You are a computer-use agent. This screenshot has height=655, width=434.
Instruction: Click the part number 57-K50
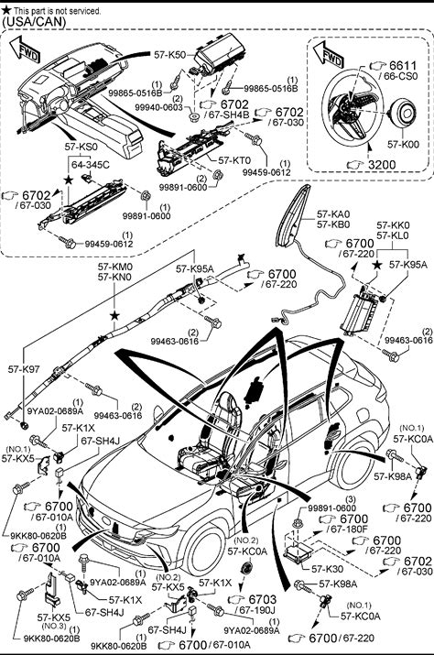tap(169, 54)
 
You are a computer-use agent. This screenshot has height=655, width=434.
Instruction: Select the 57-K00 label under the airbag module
tap(403, 145)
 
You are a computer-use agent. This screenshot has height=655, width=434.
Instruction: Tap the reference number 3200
tap(382, 165)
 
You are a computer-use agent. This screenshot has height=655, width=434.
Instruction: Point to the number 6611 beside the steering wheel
tap(403, 66)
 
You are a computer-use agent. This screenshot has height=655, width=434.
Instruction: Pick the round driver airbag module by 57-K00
tap(403, 113)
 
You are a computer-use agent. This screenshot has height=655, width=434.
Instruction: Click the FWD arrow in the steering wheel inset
tap(329, 55)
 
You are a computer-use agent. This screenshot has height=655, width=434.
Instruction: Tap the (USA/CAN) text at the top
tap(34, 22)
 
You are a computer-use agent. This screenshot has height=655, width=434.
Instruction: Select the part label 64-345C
tap(91, 165)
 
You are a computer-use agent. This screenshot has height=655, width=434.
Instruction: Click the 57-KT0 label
tap(234, 160)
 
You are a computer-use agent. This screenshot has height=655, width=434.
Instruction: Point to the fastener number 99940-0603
tap(158, 107)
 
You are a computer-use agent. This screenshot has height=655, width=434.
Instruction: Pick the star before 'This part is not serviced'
tap(6, 11)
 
